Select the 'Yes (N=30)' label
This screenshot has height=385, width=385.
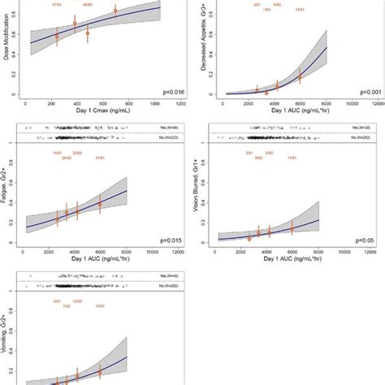358,128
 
